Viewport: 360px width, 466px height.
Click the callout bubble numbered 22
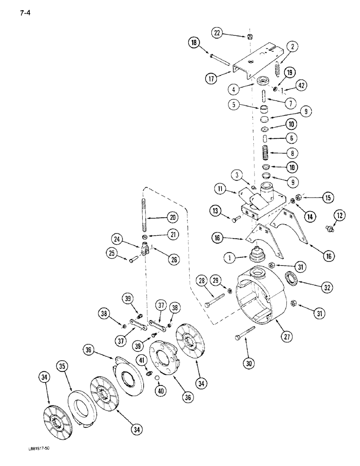tap(217, 33)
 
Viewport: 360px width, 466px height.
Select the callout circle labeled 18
tap(194, 43)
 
